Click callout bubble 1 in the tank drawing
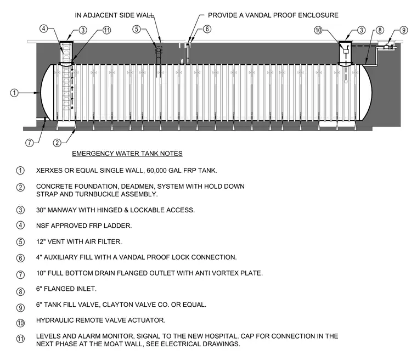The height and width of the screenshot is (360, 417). (x=14, y=93)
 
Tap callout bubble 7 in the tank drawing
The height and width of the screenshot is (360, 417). (x=30, y=143)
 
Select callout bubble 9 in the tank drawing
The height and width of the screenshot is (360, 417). (x=404, y=30)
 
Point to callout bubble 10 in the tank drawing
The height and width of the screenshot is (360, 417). (x=318, y=30)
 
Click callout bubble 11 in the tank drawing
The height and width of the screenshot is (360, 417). (x=106, y=30)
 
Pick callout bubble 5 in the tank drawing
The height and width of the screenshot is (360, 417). (x=137, y=29)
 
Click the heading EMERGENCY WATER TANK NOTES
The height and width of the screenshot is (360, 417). (x=127, y=154)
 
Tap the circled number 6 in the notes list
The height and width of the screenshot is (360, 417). (x=20, y=258)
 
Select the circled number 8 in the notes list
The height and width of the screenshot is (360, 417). (x=20, y=291)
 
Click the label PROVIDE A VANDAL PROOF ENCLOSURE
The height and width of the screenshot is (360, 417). (x=273, y=15)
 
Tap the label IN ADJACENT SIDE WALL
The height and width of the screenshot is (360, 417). (x=114, y=15)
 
